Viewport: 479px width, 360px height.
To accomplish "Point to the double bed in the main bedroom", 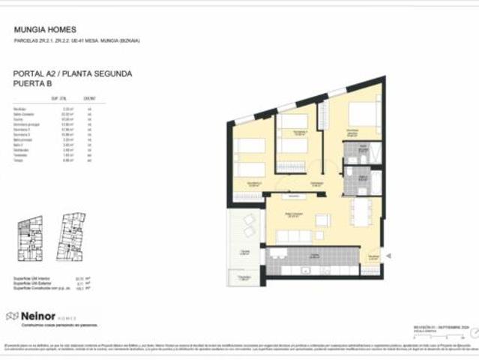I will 364,115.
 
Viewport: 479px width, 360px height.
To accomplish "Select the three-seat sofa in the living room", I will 295,236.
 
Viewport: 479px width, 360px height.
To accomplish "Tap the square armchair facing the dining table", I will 322,220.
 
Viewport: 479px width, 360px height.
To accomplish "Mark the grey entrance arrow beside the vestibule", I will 389,256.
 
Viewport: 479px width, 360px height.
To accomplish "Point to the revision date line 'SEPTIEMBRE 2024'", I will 442,328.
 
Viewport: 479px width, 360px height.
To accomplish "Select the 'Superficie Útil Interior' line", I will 33,278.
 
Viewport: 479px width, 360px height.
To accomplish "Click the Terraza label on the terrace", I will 245,253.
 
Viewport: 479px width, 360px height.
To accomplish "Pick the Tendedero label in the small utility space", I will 244,277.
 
